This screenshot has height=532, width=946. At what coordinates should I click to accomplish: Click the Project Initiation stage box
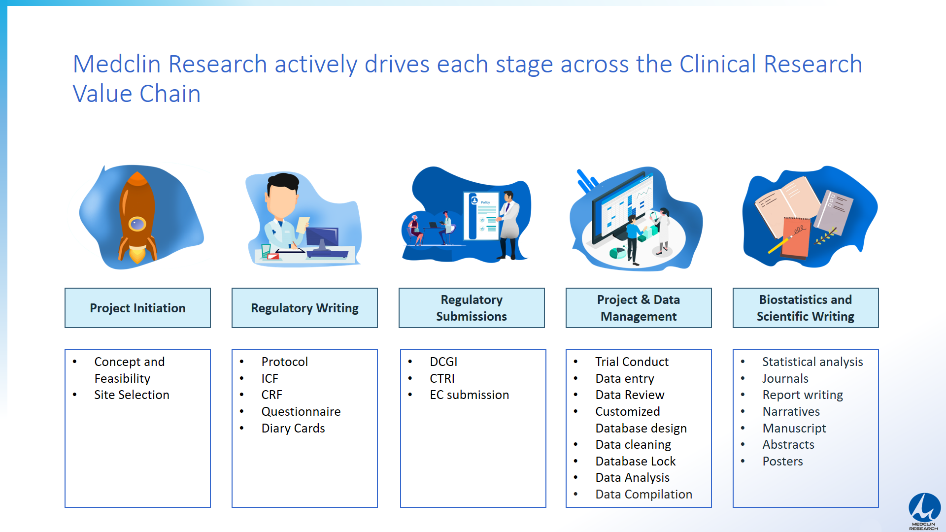(137, 308)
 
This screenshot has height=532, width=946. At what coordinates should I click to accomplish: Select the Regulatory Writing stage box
(304, 308)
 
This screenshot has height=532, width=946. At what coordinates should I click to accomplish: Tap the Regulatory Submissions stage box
(472, 308)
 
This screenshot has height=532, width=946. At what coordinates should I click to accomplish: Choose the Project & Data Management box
(639, 308)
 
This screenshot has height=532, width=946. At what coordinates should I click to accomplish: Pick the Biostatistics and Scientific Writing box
(806, 308)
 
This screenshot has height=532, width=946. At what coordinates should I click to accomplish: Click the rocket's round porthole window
(137, 225)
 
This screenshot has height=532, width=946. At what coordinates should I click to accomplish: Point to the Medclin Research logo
(924, 511)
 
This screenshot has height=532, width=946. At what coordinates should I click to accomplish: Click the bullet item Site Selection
(132, 395)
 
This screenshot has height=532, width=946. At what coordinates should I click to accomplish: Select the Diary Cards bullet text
(293, 429)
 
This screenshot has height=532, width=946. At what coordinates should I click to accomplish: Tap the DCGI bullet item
(443, 362)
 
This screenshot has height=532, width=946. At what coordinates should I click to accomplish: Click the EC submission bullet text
(469, 395)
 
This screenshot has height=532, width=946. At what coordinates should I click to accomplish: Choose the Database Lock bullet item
(636, 461)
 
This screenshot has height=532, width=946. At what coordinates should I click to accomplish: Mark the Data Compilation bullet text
(644, 495)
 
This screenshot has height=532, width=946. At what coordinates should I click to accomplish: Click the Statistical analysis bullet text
(812, 362)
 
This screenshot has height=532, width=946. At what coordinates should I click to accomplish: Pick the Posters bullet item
(783, 461)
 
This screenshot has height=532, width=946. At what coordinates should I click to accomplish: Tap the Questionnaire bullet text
(301, 411)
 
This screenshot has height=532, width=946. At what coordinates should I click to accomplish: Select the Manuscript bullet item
(794, 429)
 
